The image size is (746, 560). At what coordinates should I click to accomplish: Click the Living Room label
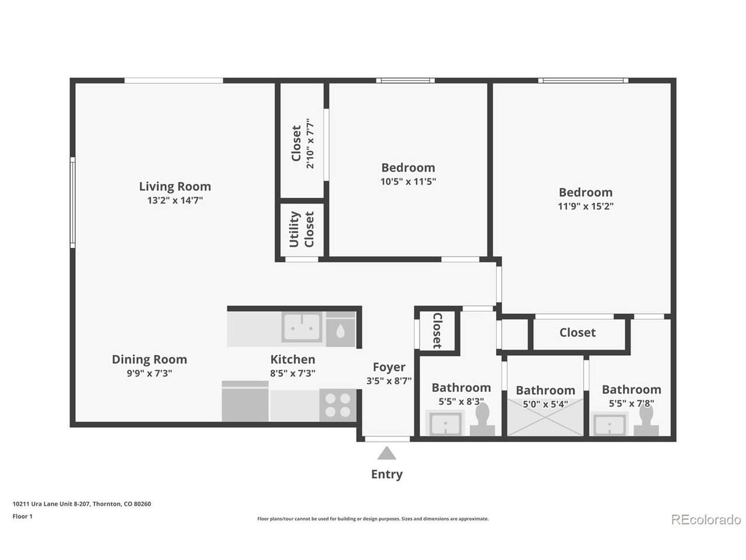point(175,186)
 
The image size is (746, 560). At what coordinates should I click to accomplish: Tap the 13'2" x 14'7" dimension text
point(175,200)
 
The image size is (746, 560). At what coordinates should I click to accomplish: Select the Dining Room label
point(150,359)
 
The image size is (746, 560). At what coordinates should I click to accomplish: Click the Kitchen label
point(293,359)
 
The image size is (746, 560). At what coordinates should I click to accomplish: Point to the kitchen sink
point(301,327)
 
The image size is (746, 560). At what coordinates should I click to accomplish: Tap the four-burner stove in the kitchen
point(337,405)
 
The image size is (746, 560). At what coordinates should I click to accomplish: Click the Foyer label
point(389,367)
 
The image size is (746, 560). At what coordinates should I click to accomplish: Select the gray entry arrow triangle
point(387,454)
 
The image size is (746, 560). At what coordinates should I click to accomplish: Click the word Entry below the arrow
point(387,474)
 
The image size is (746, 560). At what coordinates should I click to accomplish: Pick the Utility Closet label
point(301,229)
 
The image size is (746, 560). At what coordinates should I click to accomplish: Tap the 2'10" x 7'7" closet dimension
point(310,143)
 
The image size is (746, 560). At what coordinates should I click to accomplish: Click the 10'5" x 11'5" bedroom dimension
point(408,181)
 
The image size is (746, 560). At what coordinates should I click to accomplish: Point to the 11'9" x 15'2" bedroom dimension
point(586,206)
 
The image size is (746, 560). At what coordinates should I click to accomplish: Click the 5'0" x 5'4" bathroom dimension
point(545,404)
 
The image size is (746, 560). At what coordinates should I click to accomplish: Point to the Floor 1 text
point(22,516)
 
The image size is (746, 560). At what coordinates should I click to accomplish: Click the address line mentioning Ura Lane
point(82,504)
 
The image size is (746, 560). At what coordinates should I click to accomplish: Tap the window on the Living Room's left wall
point(72,202)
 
